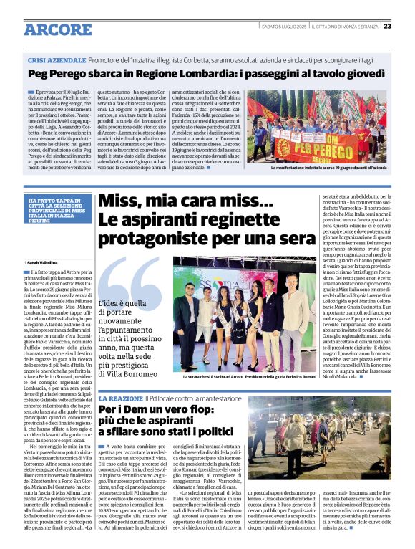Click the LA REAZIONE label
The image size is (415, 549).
pos(120,398)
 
